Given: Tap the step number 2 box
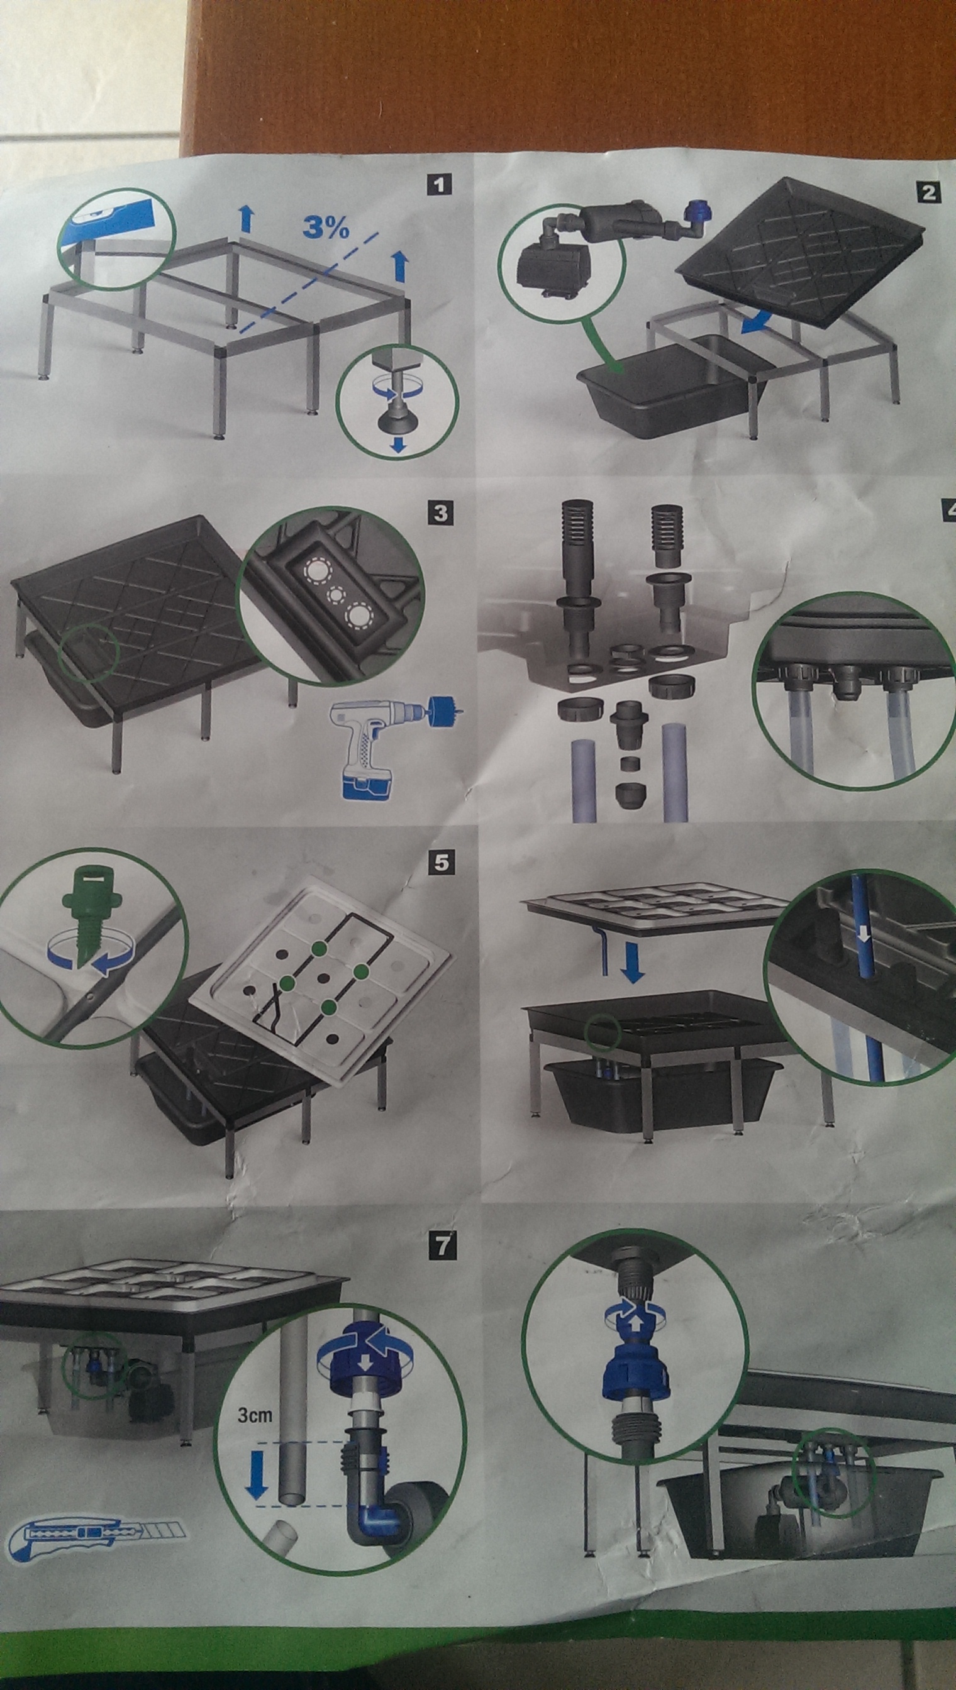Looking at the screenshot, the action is pyautogui.click(x=928, y=193).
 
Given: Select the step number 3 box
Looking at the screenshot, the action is pyautogui.click(x=440, y=512).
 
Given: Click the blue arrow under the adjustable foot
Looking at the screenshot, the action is pyautogui.click(x=397, y=445).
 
